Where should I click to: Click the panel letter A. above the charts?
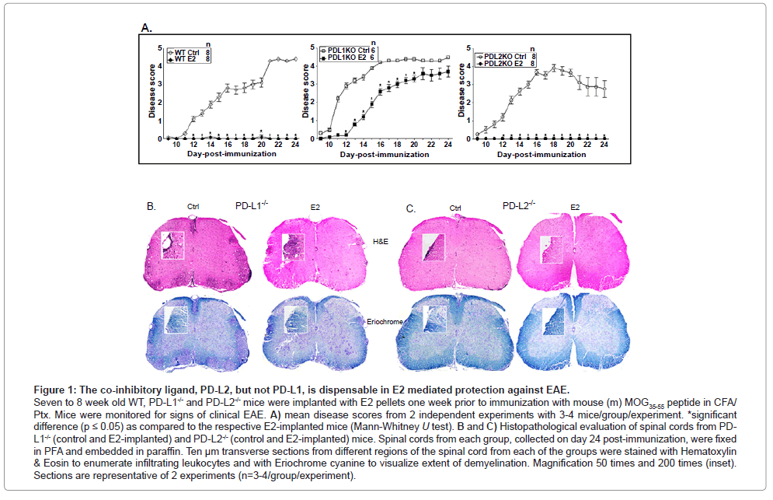click(x=146, y=28)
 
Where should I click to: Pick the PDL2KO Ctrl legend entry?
click(x=505, y=57)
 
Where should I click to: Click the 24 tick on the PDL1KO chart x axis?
click(x=447, y=145)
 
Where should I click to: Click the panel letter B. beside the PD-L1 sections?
click(x=152, y=207)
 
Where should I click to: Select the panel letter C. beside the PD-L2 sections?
click(x=413, y=208)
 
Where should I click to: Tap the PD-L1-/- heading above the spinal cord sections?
click(x=253, y=205)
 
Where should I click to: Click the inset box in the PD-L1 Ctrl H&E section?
click(x=172, y=245)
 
